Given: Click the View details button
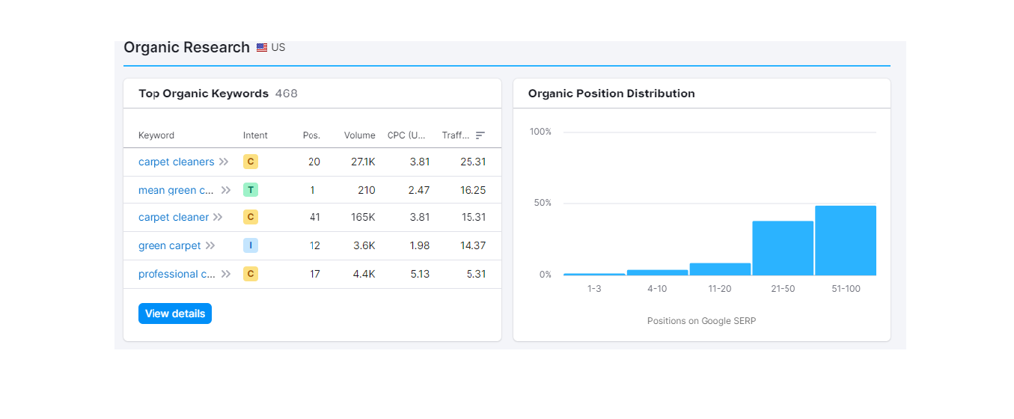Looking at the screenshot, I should (x=175, y=314).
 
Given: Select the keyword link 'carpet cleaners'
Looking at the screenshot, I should (x=177, y=162).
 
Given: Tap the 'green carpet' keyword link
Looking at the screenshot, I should (x=170, y=245).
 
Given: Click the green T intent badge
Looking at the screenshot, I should (x=251, y=190).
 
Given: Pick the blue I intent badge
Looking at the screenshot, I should (x=251, y=245).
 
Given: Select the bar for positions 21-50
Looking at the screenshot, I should (x=783, y=248).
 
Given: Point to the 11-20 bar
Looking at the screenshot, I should (x=720, y=269).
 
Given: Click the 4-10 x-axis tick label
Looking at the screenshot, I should (x=657, y=289).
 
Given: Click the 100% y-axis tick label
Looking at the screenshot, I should (x=540, y=132).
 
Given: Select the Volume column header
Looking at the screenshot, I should (x=360, y=135).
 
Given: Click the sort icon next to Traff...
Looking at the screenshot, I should (x=480, y=135).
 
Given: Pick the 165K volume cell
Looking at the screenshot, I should (x=363, y=217).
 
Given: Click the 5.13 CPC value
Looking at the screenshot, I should (x=420, y=274).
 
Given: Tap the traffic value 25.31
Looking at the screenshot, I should (x=473, y=162).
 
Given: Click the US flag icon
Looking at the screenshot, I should (x=262, y=47).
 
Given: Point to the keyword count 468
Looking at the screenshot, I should (x=287, y=94).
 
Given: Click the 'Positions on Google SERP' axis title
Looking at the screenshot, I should (x=702, y=321).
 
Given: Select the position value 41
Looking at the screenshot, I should (x=314, y=217).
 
